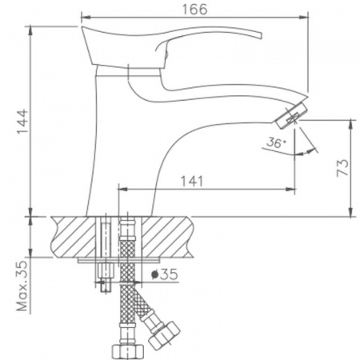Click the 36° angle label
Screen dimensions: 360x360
click(274, 145)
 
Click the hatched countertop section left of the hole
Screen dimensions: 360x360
click(72, 236)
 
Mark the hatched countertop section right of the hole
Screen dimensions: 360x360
click(164, 236)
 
